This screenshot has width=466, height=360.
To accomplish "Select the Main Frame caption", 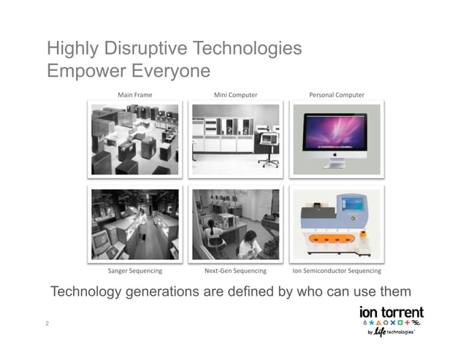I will (135, 95).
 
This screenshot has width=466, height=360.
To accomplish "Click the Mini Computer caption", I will (235, 95).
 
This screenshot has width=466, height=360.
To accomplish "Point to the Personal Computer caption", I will (337, 95).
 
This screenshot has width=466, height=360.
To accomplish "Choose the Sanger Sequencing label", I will (135, 271).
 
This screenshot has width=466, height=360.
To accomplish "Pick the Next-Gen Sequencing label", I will (235, 271).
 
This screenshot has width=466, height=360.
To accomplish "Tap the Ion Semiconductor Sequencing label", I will (337, 271).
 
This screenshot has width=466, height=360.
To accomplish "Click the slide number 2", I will (47, 323).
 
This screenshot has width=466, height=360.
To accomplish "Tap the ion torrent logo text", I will (391, 312).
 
